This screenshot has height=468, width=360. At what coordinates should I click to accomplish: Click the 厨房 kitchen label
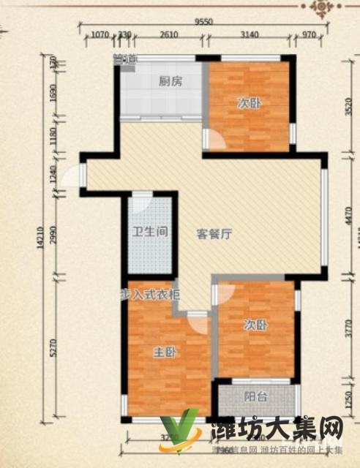coord(170,82)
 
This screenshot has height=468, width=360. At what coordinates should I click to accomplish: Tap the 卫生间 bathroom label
coord(151,233)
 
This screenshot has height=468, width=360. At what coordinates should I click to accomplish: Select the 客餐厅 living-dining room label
coord(214,235)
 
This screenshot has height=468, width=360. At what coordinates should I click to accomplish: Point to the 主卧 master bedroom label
coord(163,352)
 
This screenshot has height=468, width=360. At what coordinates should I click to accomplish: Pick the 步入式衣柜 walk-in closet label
coord(150,294)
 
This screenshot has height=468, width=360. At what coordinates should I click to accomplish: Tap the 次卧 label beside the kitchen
coord(248,103)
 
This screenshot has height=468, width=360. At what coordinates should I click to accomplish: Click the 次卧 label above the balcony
coord(256,325)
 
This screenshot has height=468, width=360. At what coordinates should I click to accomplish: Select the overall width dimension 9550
coord(203,22)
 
